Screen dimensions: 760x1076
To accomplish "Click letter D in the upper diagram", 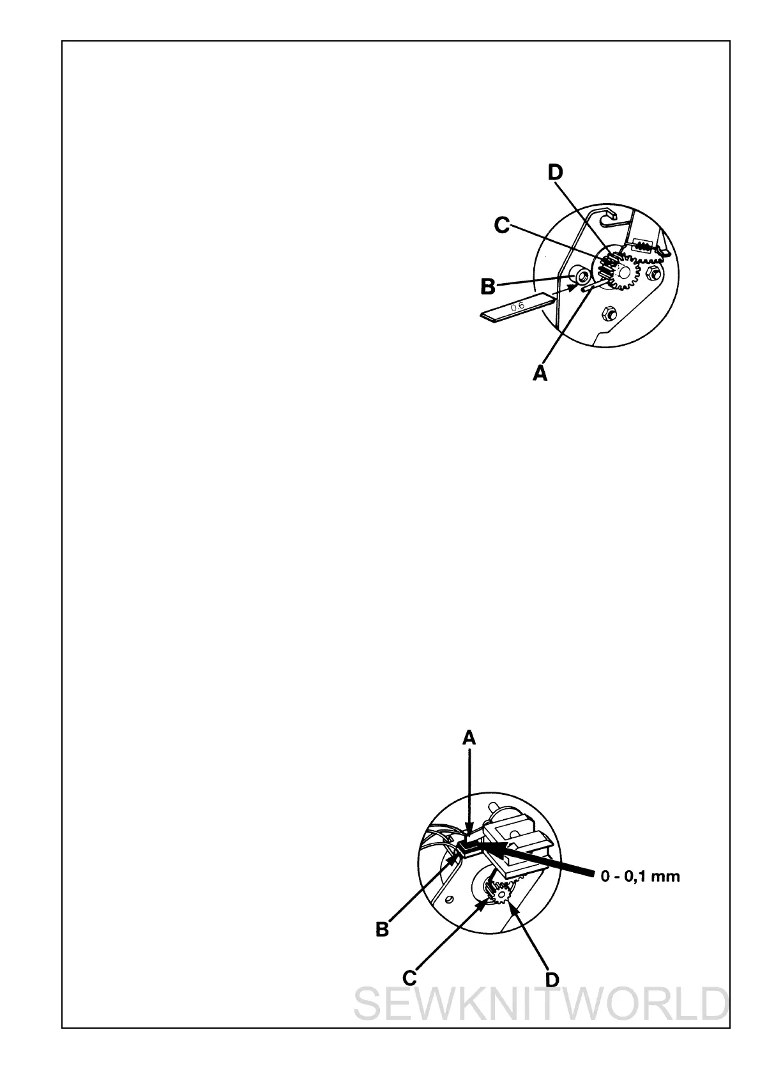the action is point(555,173).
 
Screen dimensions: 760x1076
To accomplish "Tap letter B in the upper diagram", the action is point(488,287).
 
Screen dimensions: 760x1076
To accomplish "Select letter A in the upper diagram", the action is point(540,373).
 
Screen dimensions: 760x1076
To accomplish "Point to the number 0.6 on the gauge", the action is point(517,306).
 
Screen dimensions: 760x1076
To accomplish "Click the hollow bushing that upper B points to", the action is point(579,276).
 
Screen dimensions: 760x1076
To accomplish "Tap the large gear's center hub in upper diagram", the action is point(623,271).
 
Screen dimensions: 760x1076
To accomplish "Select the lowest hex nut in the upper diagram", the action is point(608,313).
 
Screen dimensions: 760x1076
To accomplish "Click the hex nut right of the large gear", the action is point(652,274).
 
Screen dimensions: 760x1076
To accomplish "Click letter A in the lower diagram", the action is point(469,739).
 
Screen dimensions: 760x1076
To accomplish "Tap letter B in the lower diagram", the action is point(382,930).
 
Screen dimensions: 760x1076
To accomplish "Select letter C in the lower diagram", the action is point(410,978).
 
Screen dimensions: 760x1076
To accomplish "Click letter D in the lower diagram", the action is point(552,980).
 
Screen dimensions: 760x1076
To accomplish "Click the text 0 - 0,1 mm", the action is point(640,877).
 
